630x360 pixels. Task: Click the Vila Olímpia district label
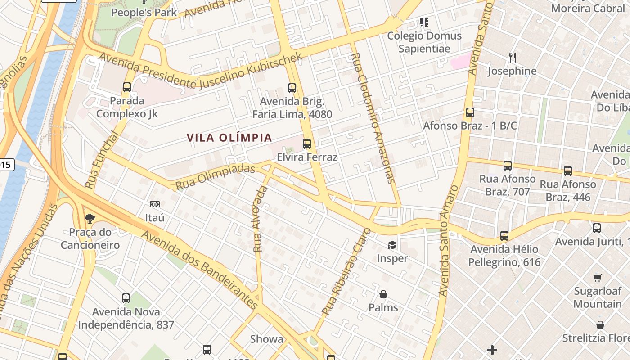(229, 138)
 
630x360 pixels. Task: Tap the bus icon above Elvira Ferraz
(307, 144)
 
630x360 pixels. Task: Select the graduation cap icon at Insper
(392, 245)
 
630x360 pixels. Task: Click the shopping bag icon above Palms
(383, 294)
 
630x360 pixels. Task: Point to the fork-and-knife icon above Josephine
(512, 57)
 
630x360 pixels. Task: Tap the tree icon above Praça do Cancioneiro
(90, 219)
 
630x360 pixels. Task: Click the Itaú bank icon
(154, 204)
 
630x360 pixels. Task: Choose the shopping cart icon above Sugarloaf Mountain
(598, 278)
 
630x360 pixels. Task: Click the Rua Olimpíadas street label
(215, 177)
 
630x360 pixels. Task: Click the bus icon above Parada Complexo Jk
(127, 87)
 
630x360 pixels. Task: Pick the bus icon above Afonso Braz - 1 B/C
(470, 112)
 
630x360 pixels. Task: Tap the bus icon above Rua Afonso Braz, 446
(568, 171)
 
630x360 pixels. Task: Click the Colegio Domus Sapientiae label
(424, 42)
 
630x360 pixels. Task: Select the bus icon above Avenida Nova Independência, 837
(126, 298)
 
